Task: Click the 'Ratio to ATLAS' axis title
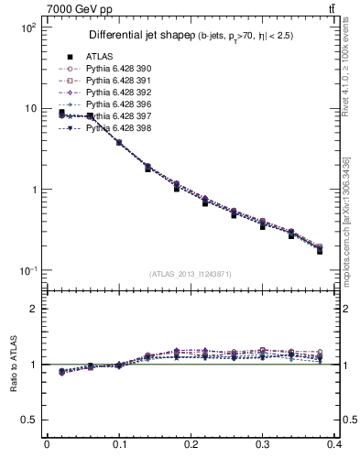tap(14, 365)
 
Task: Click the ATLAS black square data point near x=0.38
tap(320, 250)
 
